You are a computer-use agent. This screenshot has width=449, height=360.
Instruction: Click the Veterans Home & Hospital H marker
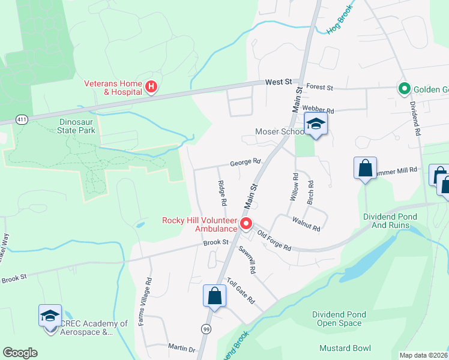pos(151,88)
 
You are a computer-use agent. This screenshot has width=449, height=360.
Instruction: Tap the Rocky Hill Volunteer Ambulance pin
pos(246,224)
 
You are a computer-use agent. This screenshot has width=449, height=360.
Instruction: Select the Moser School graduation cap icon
pos(315,124)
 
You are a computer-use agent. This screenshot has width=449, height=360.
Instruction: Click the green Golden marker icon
pos(405,89)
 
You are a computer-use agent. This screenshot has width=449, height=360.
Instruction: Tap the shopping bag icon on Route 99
pos(214,296)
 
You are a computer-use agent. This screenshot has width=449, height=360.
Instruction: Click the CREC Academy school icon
pos(50,316)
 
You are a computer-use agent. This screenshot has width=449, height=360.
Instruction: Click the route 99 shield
pos(206,329)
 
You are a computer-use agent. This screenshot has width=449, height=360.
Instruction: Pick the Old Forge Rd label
pos(274,241)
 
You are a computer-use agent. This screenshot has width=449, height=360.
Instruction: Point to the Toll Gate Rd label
pos(241,291)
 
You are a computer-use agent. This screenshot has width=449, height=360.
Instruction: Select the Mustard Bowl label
pos(345,348)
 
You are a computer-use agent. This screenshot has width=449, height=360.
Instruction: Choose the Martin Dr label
pos(181,349)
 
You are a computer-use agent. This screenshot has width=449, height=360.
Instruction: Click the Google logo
pos(20,353)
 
